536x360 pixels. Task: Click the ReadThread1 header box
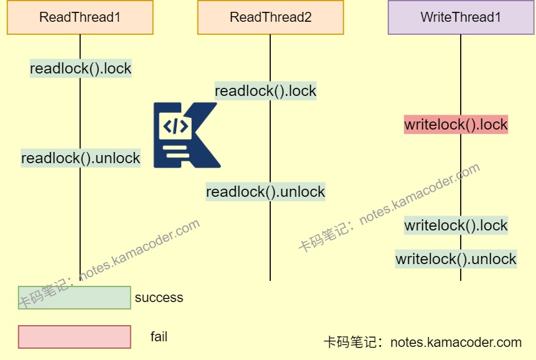pyautogui.click(x=80, y=17)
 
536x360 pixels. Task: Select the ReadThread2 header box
pyautogui.click(x=270, y=17)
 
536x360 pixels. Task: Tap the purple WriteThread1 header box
pyautogui.click(x=461, y=17)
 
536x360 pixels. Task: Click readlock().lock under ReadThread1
pyautogui.click(x=80, y=69)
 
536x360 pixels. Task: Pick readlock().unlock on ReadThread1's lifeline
pyautogui.click(x=80, y=158)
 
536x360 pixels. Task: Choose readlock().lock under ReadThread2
pyautogui.click(x=266, y=91)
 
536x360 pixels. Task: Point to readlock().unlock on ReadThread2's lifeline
pyautogui.click(x=266, y=192)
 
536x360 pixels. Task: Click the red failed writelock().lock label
pyautogui.click(x=456, y=125)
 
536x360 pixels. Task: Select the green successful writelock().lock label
pyautogui.click(x=456, y=225)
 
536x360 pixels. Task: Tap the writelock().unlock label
pyautogui.click(x=456, y=259)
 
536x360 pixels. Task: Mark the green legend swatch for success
pyautogui.click(x=74, y=298)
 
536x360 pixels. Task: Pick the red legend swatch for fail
pyautogui.click(x=74, y=337)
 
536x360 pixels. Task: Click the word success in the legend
pyautogui.click(x=159, y=298)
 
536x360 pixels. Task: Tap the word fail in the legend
pyautogui.click(x=159, y=337)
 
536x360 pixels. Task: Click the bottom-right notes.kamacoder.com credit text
pyautogui.click(x=422, y=342)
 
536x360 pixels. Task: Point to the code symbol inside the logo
pyautogui.click(x=175, y=126)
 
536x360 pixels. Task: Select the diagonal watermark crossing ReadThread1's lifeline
pyautogui.click(x=109, y=264)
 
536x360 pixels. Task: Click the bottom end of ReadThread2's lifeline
pyautogui.click(x=270, y=279)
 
